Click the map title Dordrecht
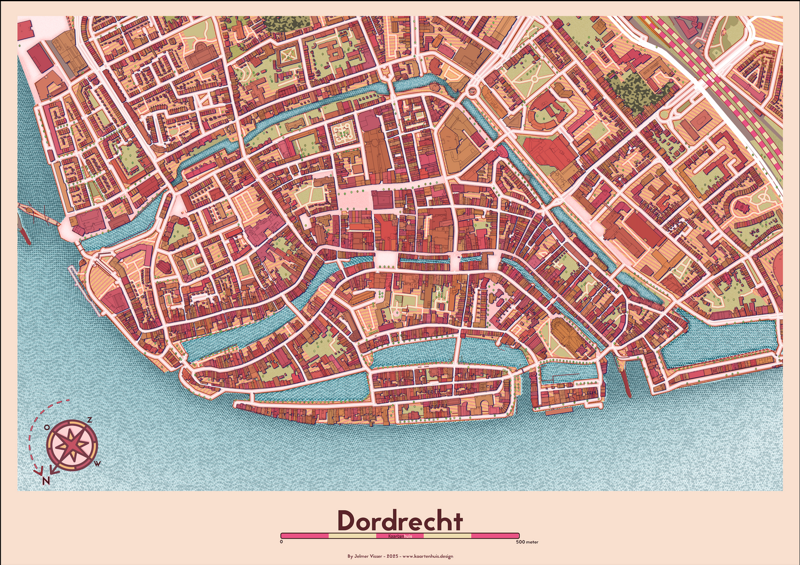400,521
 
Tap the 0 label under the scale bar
281,542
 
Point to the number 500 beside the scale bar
520,542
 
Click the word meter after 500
532,542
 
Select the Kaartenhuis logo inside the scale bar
400,536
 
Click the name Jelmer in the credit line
361,556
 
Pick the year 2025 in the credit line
393,556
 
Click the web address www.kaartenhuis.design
427,556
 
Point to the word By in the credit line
350,556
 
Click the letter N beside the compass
46,480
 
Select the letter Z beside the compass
89,420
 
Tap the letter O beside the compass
47,427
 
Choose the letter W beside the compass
97,463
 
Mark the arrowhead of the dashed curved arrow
38,472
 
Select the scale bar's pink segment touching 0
304,536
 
